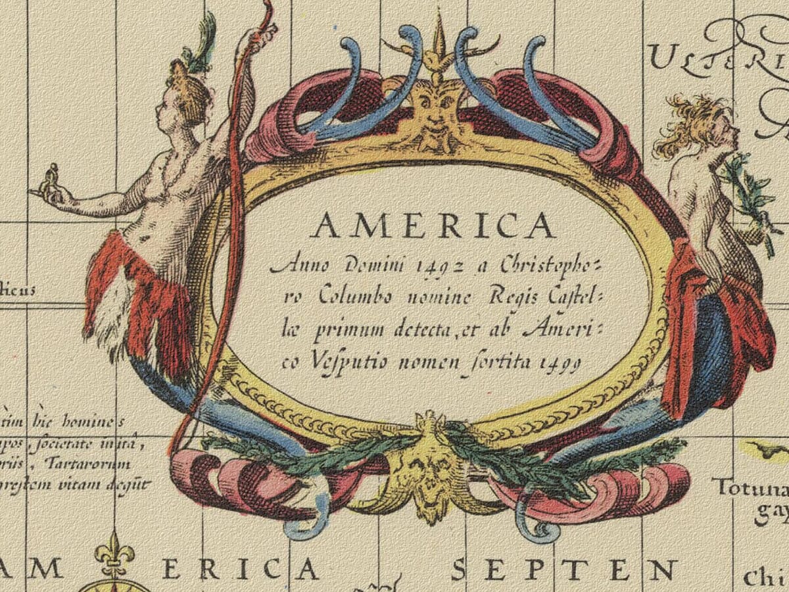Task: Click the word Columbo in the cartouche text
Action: click(358, 297)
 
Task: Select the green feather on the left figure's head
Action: click(204, 39)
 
